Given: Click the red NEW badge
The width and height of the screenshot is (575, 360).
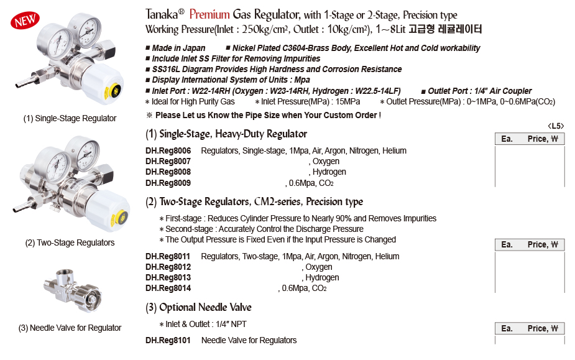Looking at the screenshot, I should click(x=25, y=21).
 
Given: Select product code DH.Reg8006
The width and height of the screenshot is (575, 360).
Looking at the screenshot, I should click(x=168, y=150).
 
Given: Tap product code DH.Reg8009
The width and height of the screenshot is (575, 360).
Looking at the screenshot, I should click(x=168, y=183).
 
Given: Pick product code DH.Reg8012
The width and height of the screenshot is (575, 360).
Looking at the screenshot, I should click(x=168, y=267).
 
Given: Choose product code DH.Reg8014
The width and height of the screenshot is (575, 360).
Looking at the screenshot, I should click(x=168, y=288).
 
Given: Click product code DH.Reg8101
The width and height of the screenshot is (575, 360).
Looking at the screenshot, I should click(x=168, y=340).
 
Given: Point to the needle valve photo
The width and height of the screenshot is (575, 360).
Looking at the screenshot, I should click(x=68, y=287).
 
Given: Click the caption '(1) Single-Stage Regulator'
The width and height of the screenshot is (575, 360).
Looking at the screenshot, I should click(x=70, y=118).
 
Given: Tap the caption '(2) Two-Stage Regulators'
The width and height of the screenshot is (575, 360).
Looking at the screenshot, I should click(x=70, y=242).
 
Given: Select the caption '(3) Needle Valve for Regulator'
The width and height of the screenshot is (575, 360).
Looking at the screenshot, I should click(x=70, y=328).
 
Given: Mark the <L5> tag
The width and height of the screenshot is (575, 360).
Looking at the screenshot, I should click(x=555, y=127).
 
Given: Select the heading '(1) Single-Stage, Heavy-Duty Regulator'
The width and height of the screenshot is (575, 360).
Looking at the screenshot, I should click(x=226, y=134).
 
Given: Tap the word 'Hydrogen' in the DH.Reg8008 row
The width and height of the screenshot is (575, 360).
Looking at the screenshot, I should click(x=329, y=172).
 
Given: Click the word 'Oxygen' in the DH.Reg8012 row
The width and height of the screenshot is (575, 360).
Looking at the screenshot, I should click(x=318, y=267).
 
